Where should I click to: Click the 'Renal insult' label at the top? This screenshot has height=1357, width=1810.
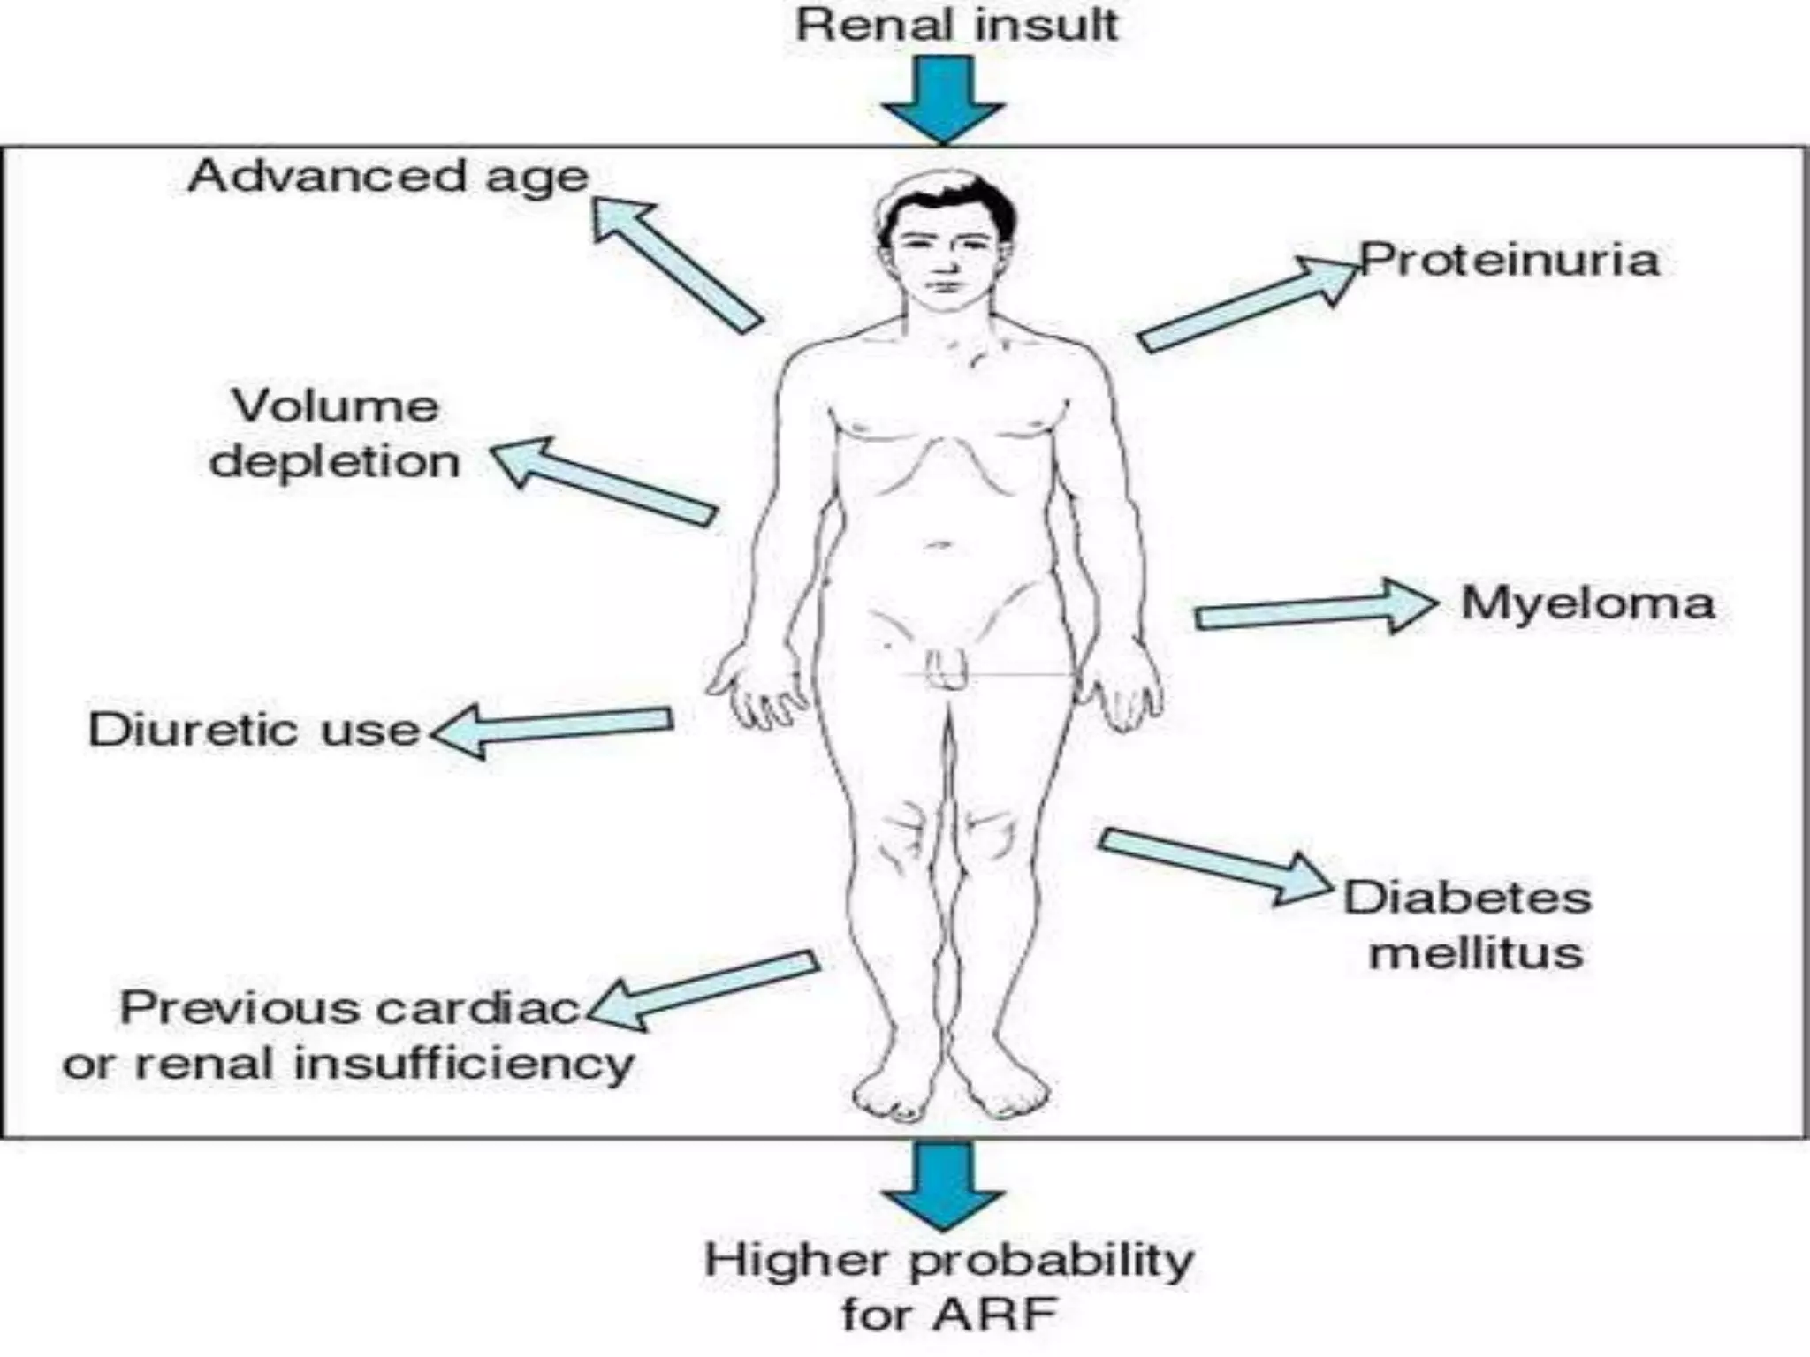[x=956, y=25]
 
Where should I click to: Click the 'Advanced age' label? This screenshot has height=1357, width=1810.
[x=388, y=178]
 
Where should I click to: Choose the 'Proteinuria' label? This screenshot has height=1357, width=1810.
[x=1510, y=261]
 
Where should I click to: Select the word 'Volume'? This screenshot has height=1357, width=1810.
[x=335, y=406]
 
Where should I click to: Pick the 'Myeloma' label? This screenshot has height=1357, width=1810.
[x=1587, y=603]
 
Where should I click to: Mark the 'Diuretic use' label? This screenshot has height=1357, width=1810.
[x=254, y=730]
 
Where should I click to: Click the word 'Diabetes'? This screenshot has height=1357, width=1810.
[x=1468, y=898]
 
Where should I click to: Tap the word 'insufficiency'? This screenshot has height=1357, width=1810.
[x=463, y=1064]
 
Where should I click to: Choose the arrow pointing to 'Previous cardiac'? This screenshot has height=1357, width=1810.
[x=703, y=989]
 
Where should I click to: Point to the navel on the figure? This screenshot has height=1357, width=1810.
[x=939, y=545]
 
